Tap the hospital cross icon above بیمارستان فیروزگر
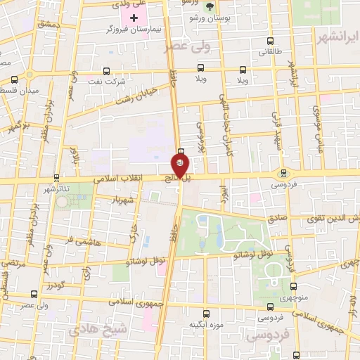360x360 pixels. [134, 16]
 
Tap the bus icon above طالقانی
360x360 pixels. [271, 41]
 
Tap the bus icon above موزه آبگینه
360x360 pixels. [206, 313]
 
